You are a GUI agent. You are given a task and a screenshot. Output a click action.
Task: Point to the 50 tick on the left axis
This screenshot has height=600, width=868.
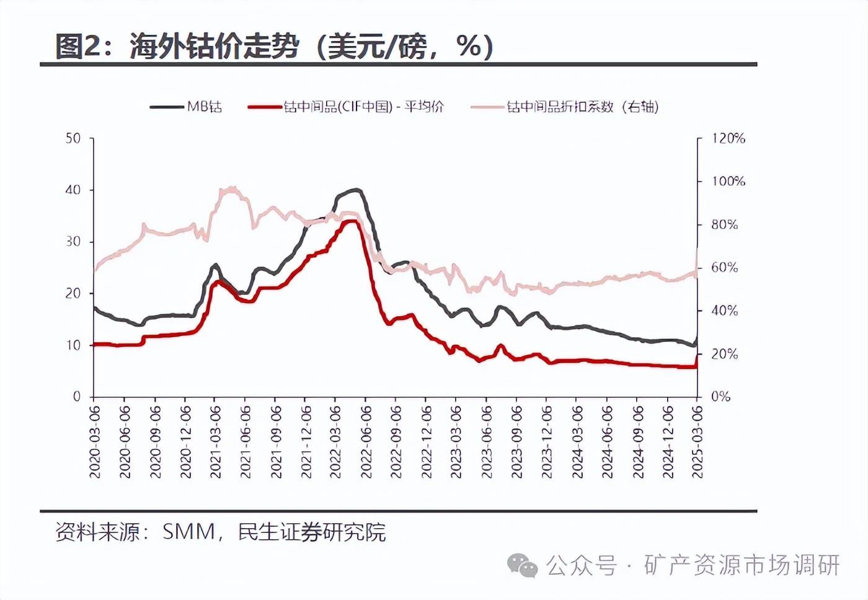73,138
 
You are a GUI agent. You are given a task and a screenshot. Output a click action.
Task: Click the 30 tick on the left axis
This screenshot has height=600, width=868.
73,242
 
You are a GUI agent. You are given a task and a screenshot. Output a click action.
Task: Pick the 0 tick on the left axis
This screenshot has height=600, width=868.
76,397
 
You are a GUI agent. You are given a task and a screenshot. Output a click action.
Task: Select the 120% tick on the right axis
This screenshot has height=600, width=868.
728,138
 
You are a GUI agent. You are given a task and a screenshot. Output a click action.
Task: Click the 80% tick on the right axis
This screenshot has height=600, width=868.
724,224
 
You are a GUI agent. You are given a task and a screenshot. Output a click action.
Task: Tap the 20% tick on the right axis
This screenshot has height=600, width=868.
724,354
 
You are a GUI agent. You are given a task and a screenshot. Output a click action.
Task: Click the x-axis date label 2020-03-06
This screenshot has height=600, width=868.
95,441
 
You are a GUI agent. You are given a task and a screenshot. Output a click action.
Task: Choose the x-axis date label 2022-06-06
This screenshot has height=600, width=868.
366,441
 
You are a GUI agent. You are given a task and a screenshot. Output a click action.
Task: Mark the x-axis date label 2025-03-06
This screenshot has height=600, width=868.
697,441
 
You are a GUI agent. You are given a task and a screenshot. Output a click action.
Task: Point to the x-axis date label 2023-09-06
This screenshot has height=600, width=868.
517,441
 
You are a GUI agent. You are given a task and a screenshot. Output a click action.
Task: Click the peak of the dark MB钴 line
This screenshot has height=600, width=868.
356,190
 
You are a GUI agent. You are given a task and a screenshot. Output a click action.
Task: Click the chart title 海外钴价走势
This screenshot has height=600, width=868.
214,46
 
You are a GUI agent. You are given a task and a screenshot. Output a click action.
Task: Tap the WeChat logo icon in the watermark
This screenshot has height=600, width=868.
522,565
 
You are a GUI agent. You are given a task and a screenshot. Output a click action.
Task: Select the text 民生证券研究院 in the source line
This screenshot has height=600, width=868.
312,532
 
